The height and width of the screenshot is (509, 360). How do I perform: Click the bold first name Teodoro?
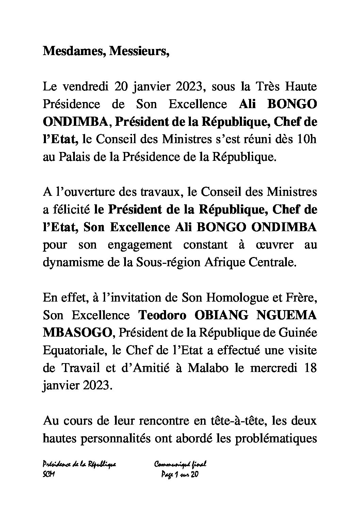[x=162, y=316]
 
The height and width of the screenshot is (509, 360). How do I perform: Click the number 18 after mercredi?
[x=310, y=368]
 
